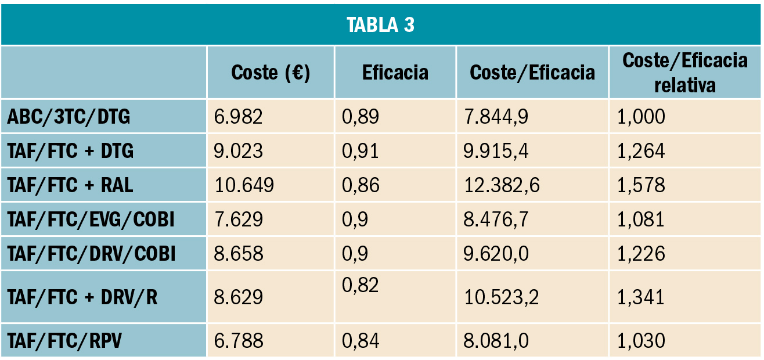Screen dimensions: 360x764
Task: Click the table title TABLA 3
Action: point(381,25)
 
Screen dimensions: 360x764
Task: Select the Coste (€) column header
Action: point(271,73)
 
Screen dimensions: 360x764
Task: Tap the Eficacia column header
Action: point(395,73)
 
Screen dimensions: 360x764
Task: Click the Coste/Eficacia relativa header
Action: point(685,73)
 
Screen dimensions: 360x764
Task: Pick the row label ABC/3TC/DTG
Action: point(69,117)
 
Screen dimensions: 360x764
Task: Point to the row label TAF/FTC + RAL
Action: point(70,185)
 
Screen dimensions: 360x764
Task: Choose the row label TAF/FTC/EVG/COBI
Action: point(91,219)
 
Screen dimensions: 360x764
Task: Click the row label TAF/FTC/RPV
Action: point(64,341)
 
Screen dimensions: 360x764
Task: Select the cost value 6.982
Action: point(239,117)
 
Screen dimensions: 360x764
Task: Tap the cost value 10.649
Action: point(244,185)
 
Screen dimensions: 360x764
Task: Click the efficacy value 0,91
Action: point(361,152)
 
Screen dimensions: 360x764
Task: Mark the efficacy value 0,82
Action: point(361,285)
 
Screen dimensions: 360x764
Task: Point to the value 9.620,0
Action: point(496,254)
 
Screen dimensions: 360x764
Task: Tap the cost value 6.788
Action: point(239,341)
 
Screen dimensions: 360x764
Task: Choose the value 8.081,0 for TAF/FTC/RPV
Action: point(496,341)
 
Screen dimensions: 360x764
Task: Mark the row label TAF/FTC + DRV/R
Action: point(82,297)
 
